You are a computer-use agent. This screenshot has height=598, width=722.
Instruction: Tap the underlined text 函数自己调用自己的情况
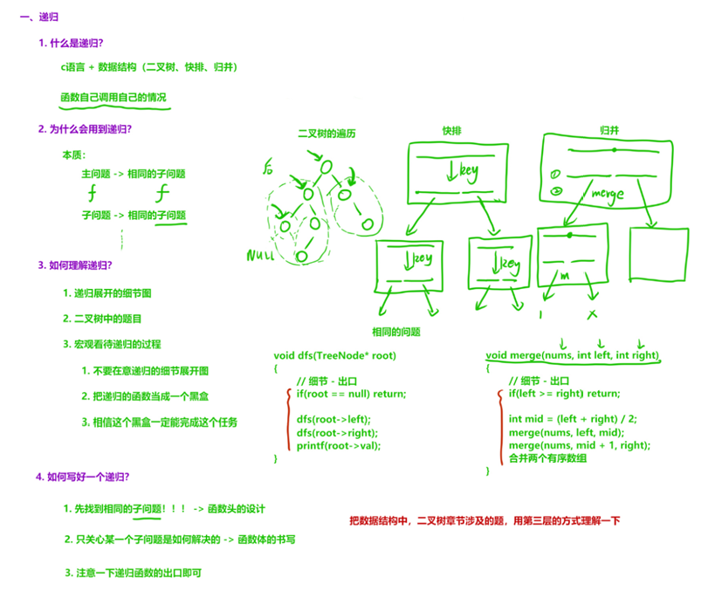113,97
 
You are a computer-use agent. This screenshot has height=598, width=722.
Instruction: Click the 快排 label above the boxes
451,131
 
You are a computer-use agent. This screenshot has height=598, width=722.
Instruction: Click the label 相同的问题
395,333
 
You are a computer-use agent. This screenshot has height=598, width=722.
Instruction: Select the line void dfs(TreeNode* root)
335,356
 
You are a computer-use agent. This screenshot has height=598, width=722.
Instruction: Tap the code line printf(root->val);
339,445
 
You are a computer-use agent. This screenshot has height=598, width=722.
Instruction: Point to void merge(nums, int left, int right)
572,356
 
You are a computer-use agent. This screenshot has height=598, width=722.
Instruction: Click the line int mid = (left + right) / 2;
573,419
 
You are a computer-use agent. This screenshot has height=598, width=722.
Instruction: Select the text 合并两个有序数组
548,457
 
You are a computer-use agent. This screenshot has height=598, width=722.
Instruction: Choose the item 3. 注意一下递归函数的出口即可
137,573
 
